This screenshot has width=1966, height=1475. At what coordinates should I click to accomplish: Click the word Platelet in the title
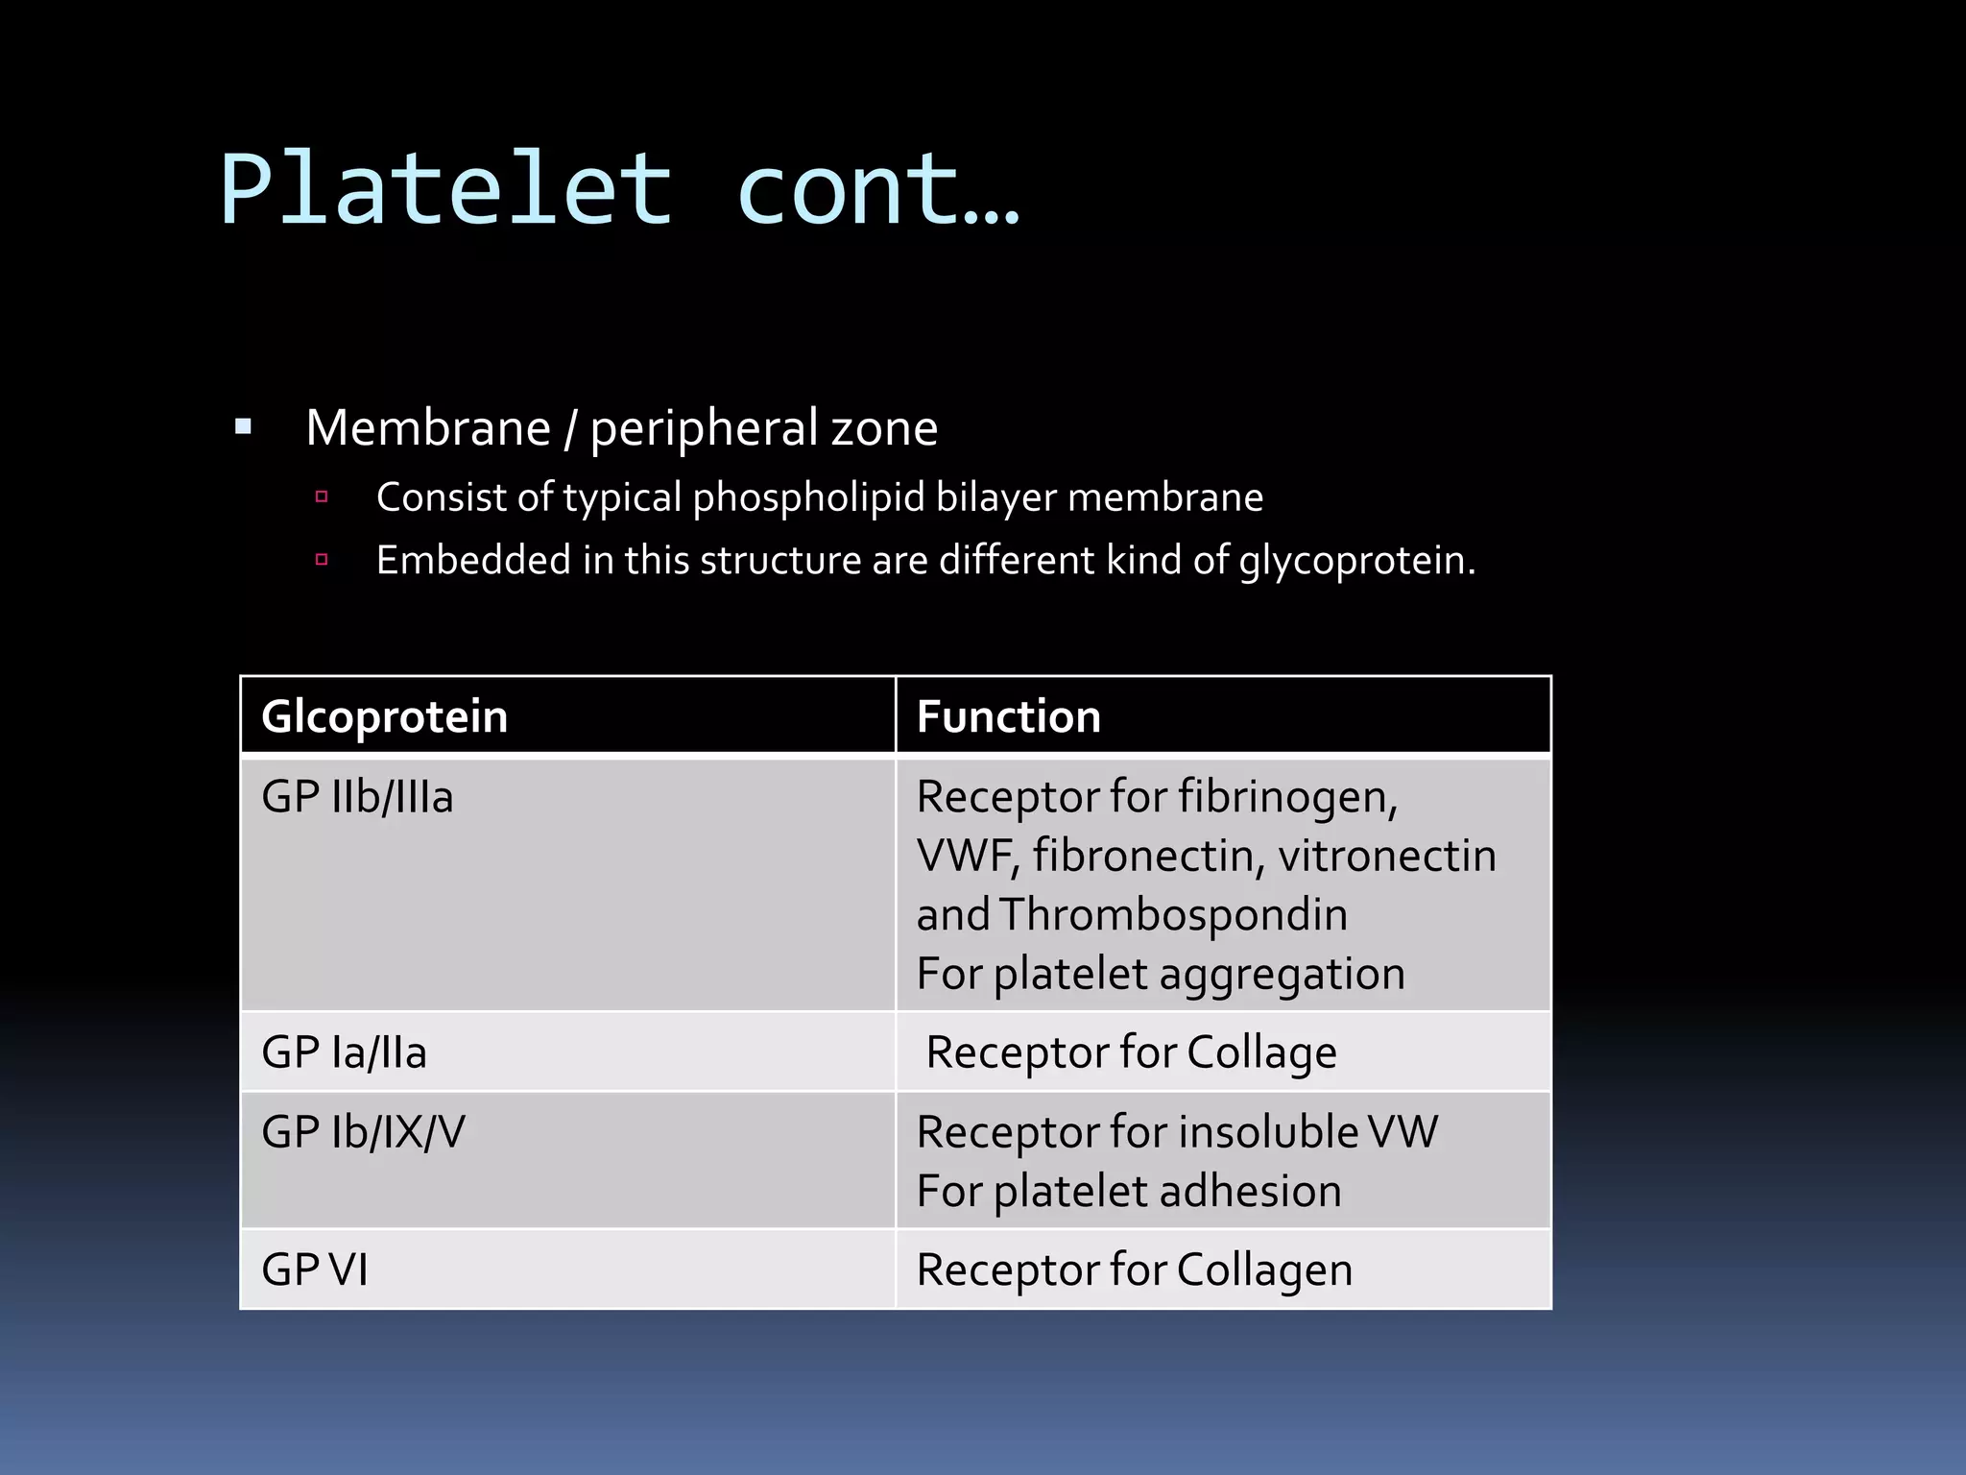446,189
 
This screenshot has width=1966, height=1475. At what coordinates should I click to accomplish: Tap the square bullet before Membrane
243,427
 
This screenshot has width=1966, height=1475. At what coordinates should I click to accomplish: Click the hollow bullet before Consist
322,497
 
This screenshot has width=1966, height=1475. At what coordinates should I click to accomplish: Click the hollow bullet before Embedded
322,560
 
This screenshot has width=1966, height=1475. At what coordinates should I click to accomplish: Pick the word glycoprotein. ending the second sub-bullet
1356,561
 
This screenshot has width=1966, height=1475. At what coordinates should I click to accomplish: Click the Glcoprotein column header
384,716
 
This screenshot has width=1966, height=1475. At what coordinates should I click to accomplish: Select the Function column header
1008,716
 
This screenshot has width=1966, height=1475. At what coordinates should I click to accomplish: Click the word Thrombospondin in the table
1173,914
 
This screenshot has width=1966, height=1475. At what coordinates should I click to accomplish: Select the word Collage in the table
1261,1052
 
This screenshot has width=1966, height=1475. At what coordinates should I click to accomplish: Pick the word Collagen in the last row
1264,1269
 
